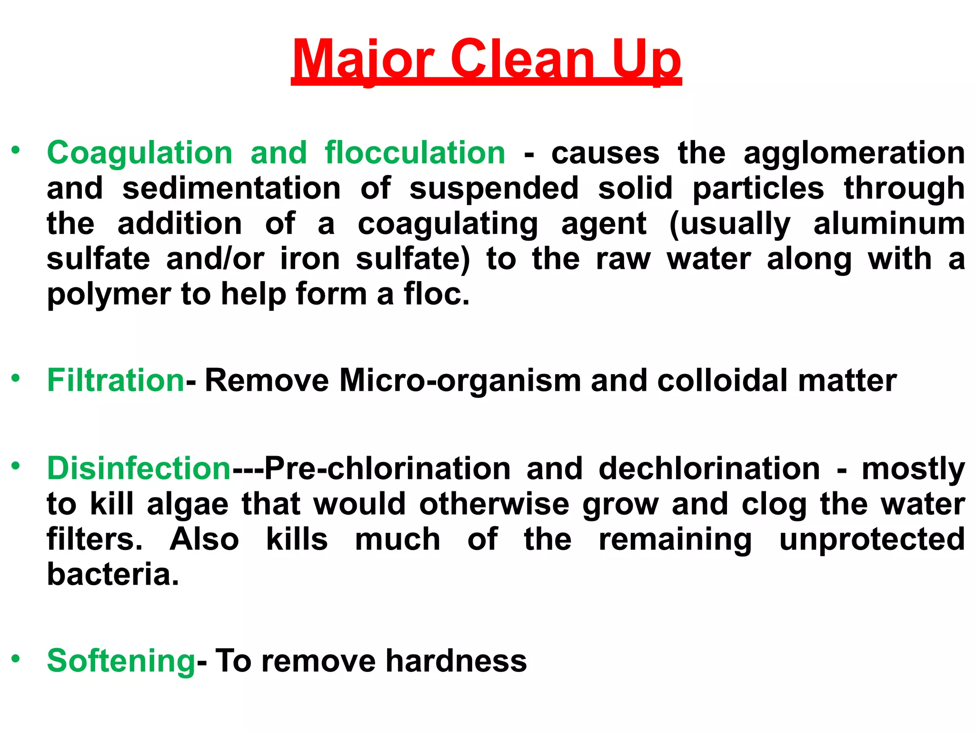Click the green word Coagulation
(x=139, y=153)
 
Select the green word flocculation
(x=415, y=153)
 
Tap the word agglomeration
(x=854, y=153)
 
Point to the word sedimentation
(x=231, y=188)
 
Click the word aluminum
(x=889, y=224)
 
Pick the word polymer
(x=109, y=294)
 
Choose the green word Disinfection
(x=139, y=468)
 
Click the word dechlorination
(x=709, y=468)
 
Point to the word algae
(x=188, y=504)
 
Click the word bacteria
(x=113, y=574)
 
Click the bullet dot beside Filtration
(x=16, y=378)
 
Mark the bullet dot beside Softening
(x=16, y=658)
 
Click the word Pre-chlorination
(x=388, y=468)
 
